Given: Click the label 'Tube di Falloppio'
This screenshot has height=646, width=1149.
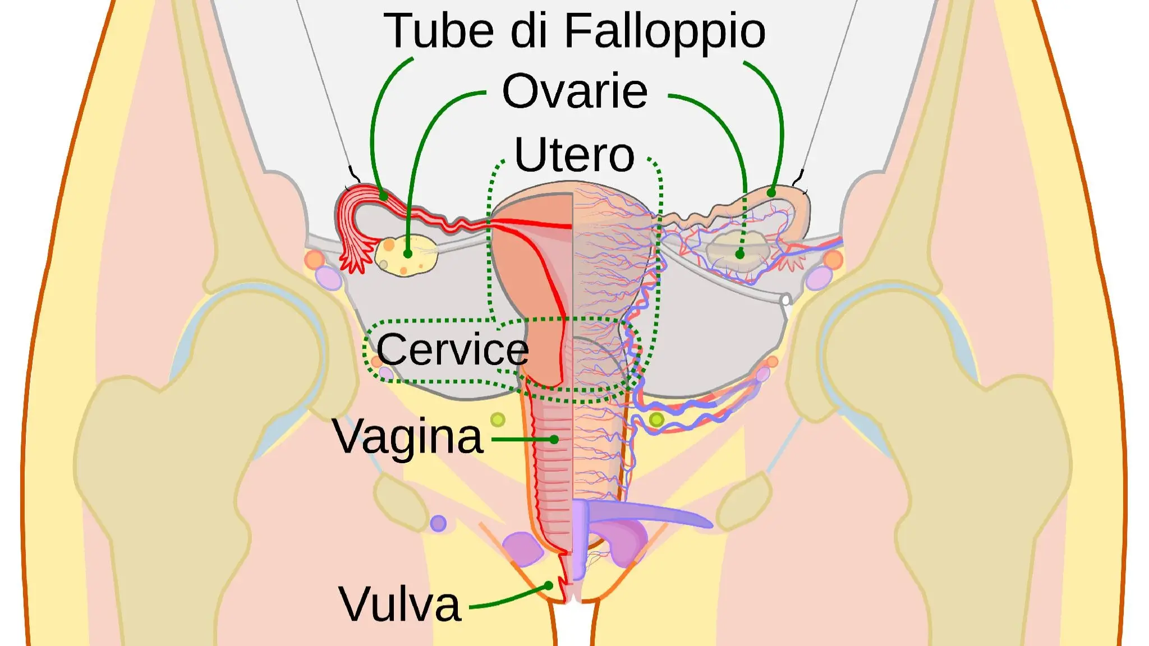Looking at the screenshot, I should pyautogui.click(x=574, y=31).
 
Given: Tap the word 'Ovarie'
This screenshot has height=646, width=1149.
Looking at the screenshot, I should pyautogui.click(x=574, y=91).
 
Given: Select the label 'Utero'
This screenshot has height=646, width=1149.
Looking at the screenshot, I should pyautogui.click(x=574, y=155).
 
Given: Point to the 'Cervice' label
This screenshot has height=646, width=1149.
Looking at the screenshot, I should pyautogui.click(x=452, y=349).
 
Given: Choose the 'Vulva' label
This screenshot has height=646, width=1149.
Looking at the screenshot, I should pyautogui.click(x=399, y=605).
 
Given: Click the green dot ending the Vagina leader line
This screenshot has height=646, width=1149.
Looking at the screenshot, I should pyautogui.click(x=554, y=440).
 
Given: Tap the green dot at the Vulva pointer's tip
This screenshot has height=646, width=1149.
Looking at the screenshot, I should pyautogui.click(x=549, y=585).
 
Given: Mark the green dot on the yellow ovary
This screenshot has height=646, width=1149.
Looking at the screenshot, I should pyautogui.click(x=408, y=254).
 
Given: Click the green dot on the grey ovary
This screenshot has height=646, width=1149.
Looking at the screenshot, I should pyautogui.click(x=740, y=255).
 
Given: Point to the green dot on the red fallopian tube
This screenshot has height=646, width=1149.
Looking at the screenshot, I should pyautogui.click(x=383, y=196).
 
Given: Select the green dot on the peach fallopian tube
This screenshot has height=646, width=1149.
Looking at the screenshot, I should pyautogui.click(x=771, y=193).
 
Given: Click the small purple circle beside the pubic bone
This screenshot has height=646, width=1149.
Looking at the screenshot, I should pyautogui.click(x=438, y=524).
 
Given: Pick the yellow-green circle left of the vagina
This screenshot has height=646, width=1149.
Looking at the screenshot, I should pyautogui.click(x=498, y=419).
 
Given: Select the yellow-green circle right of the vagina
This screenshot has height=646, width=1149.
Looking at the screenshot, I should pyautogui.click(x=656, y=419).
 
